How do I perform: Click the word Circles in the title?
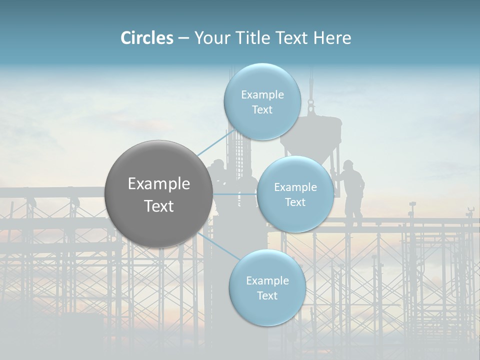(146, 38)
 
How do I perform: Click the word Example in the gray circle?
(159, 184)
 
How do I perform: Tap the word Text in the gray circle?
(159, 206)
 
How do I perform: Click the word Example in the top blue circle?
(262, 95)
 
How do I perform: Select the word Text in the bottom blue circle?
(267, 295)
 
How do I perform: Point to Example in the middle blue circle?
(295, 187)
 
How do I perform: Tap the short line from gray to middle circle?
(234, 194)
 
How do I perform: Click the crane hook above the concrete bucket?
(311, 106)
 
